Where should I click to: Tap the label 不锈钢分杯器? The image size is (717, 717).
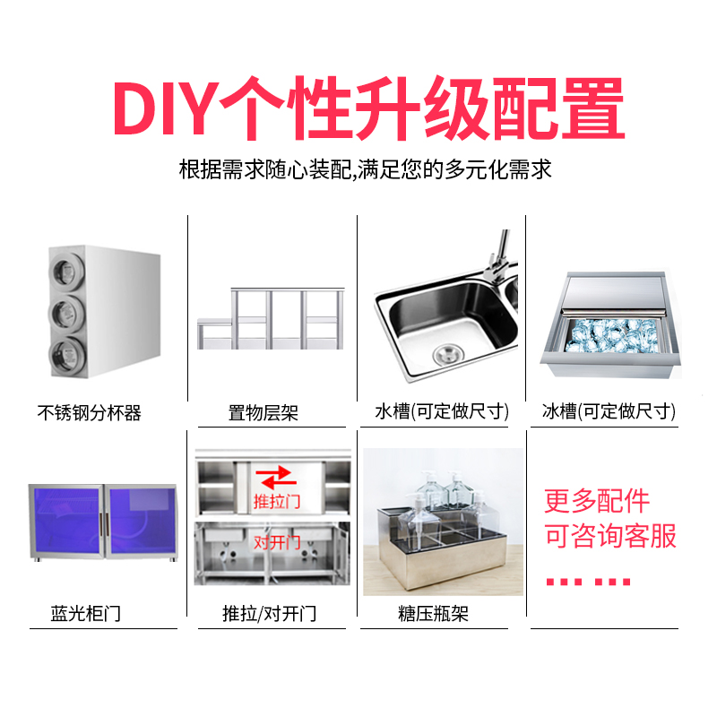tap(90, 413)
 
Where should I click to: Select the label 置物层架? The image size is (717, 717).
tap(263, 413)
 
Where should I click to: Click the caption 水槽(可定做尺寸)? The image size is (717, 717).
tap(442, 412)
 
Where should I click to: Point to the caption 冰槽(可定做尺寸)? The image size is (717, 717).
tap(609, 412)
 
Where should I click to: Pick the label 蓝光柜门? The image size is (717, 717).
tap(85, 614)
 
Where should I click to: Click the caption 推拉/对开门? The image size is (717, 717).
tap(269, 614)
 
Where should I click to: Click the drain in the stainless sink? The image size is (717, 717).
tap(445, 353)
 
